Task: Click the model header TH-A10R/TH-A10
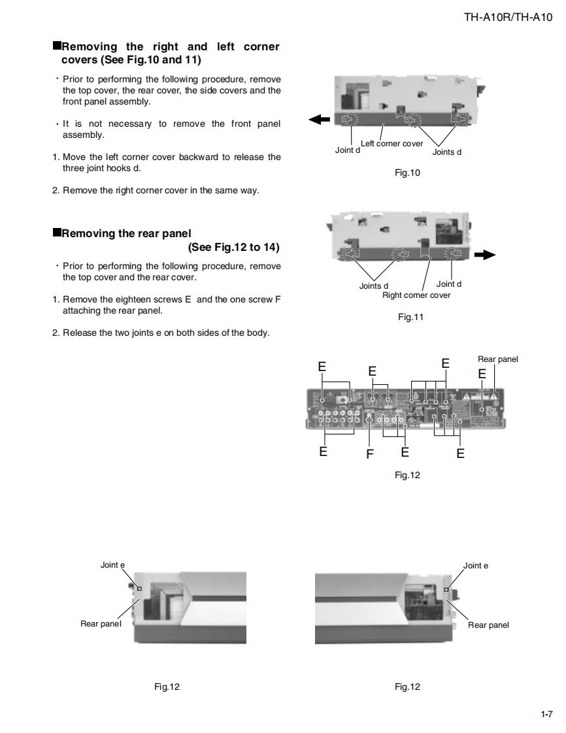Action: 508,18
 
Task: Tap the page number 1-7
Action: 546,714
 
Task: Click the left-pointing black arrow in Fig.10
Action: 319,119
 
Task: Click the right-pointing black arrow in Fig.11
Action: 484,255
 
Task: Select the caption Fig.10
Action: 407,173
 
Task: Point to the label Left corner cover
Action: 391,144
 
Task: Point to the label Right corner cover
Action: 416,295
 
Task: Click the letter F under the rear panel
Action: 370,454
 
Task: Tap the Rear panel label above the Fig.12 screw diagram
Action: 497,359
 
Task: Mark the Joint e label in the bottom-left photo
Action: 112,565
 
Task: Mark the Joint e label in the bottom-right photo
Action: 475,566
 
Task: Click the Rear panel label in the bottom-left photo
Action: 101,624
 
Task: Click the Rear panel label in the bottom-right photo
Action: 488,625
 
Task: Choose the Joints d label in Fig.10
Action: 447,152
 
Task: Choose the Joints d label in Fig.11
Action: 373,286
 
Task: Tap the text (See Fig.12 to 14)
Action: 233,248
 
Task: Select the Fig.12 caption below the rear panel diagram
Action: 407,475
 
